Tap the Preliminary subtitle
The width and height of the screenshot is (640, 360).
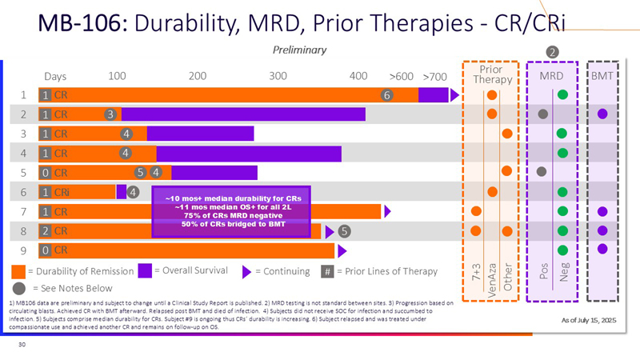pyautogui.click(x=300, y=50)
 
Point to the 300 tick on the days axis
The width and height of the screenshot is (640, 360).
pyautogui.click(x=278, y=76)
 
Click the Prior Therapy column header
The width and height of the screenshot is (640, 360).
pyautogui.click(x=486, y=74)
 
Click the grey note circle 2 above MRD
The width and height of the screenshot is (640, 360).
pyautogui.click(x=552, y=53)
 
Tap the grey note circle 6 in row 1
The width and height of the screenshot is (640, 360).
pyautogui.click(x=386, y=95)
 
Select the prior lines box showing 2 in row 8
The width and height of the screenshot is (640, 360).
pyautogui.click(x=46, y=231)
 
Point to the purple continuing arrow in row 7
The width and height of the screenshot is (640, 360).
pyautogui.click(x=387, y=212)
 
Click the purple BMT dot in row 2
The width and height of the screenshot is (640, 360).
pyautogui.click(x=602, y=114)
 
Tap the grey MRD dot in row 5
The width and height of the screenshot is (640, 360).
pyautogui.click(x=542, y=170)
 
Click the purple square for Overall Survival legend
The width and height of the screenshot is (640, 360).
pyautogui.click(x=145, y=270)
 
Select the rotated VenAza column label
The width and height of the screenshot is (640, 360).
pyautogui.click(x=491, y=281)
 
